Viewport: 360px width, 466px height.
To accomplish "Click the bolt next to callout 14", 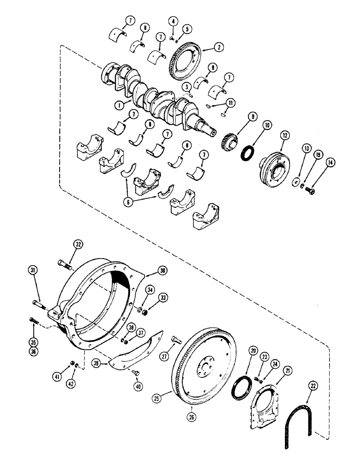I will tap(311, 190).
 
